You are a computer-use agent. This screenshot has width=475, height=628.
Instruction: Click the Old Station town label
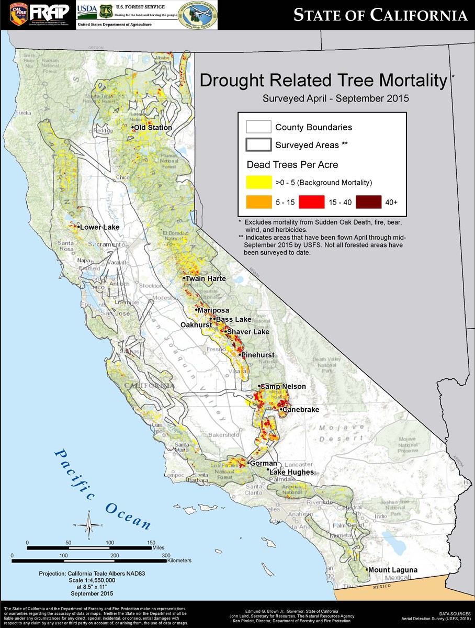(152, 128)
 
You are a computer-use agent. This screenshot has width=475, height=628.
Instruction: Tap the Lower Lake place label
(99, 227)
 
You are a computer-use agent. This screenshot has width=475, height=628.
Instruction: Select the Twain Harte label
(206, 278)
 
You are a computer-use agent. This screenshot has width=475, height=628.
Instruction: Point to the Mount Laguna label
(391, 569)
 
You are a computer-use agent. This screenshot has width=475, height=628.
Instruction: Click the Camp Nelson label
(282, 387)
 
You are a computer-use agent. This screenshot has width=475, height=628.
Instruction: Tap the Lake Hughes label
(291, 472)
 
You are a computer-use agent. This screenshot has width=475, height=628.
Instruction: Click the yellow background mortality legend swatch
(258, 182)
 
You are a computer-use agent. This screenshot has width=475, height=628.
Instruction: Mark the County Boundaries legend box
(258, 127)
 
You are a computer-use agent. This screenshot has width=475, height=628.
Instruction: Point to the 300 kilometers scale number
(166, 555)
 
